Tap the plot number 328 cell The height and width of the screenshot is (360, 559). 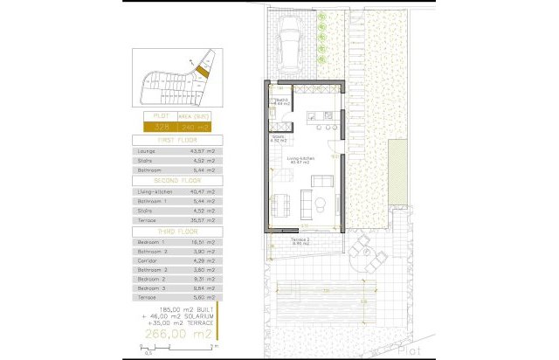160,128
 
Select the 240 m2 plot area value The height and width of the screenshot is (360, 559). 197,128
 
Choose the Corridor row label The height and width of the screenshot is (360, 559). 148,261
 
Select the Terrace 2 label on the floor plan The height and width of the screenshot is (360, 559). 301,239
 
